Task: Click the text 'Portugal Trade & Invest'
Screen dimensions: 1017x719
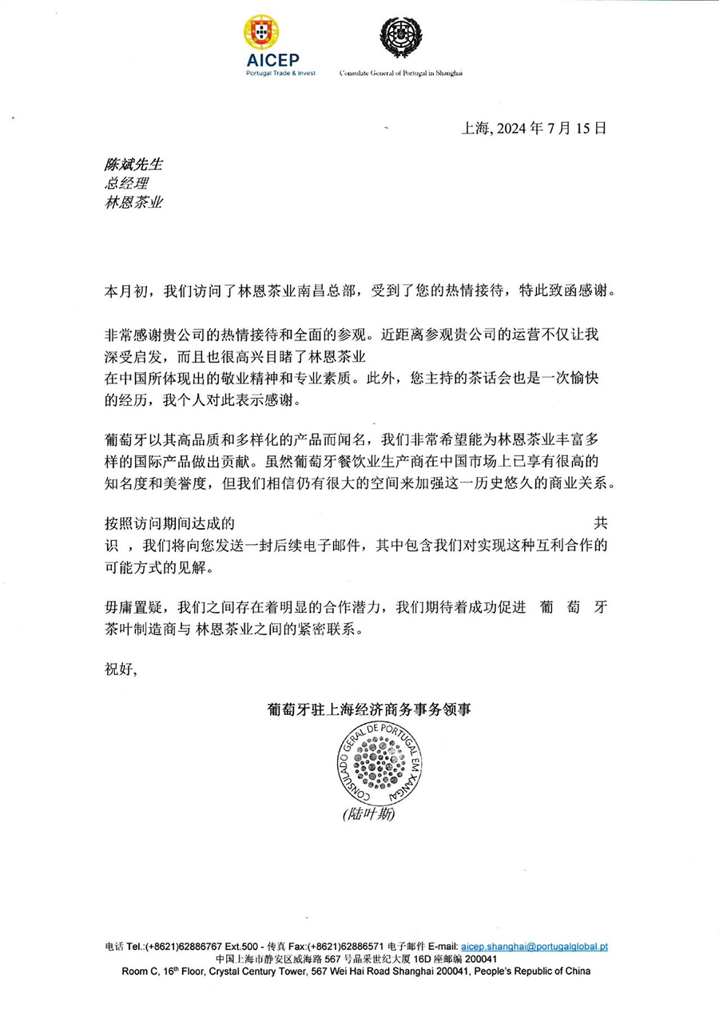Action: click(280, 73)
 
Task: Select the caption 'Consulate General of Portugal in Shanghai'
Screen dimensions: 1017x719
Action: click(401, 73)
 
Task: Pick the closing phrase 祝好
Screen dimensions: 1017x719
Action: click(121, 669)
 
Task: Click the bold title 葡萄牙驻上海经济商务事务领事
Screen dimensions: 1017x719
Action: click(369, 708)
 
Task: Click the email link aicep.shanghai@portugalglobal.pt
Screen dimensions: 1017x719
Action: click(535, 946)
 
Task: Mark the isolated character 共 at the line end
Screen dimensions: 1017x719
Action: click(600, 524)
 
